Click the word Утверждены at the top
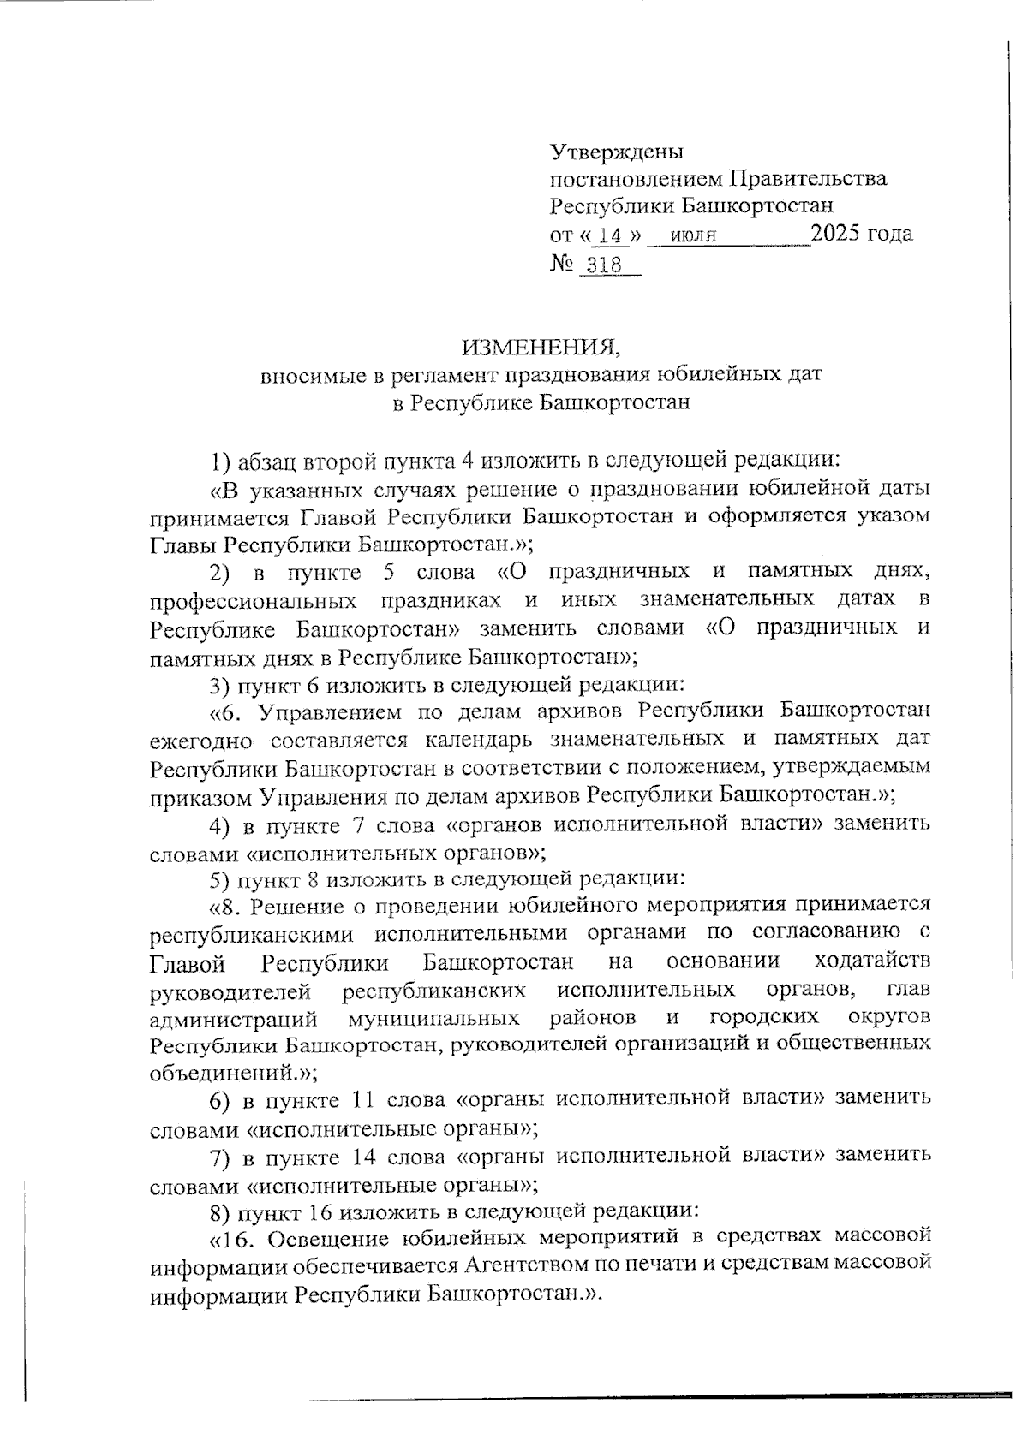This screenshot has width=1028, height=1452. [616, 152]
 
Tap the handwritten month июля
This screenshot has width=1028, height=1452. [694, 236]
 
